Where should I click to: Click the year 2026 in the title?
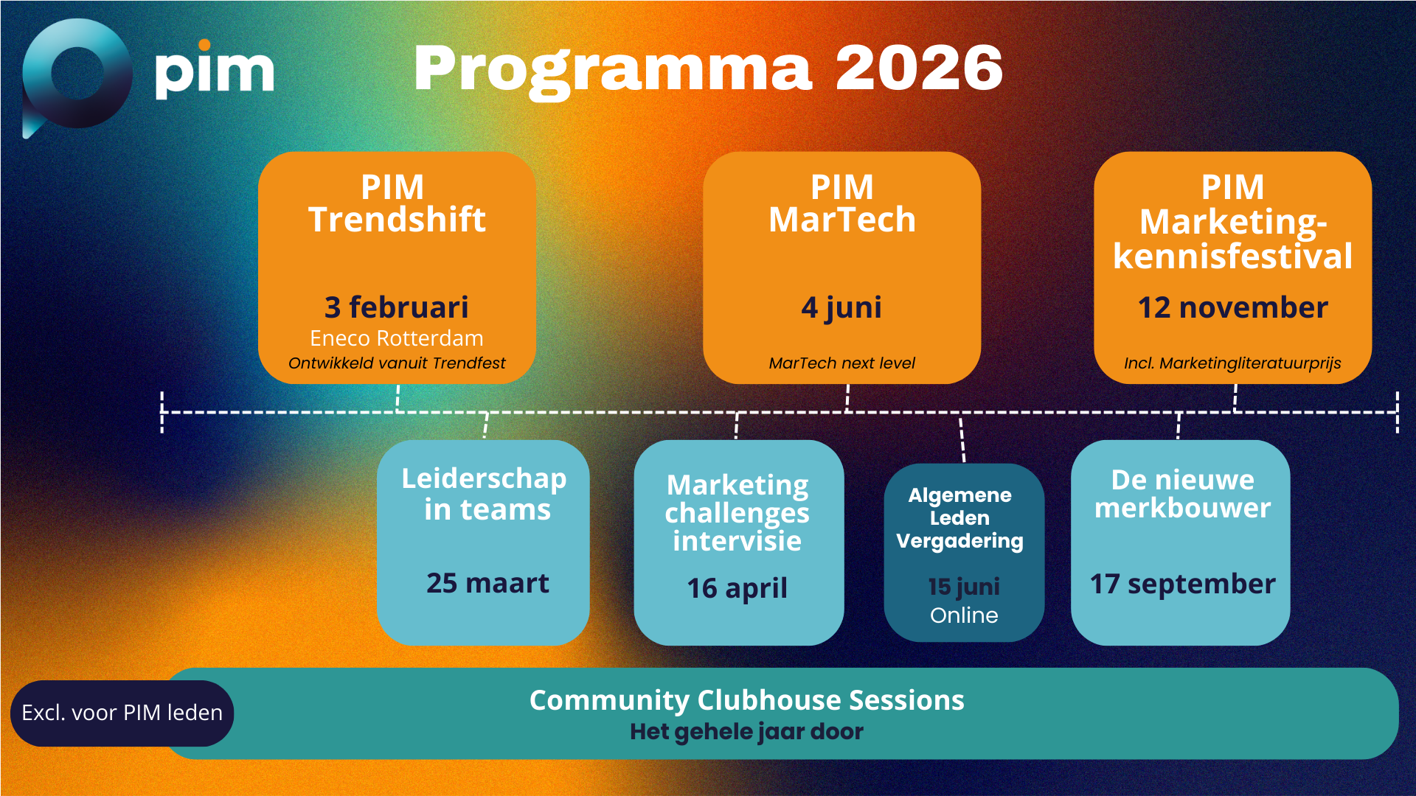(919, 68)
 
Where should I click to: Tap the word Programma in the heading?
(613, 71)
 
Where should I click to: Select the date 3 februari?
(397, 307)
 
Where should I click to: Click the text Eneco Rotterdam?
(397, 338)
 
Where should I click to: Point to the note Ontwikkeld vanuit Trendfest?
(397, 363)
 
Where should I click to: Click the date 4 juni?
(841, 308)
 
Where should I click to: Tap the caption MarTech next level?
(841, 363)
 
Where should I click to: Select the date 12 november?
(1232, 307)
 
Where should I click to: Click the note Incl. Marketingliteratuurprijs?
(1232, 363)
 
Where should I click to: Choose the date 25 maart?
(487, 583)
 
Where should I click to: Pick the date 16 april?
(737, 588)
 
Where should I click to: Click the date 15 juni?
(964, 587)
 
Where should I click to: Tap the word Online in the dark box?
(964, 615)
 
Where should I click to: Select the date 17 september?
(1183, 584)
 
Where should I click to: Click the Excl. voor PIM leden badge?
(122, 713)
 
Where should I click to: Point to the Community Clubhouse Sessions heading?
(746, 700)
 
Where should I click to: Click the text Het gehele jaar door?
(746, 732)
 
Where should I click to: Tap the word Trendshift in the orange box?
(397, 220)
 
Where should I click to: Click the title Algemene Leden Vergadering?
(959, 518)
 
